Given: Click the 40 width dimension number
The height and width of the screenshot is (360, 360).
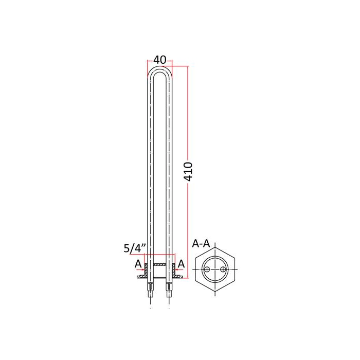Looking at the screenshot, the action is tap(159, 60).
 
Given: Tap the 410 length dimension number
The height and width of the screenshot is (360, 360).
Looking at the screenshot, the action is tap(189, 171).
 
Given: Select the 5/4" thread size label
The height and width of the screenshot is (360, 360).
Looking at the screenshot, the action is tap(135, 248).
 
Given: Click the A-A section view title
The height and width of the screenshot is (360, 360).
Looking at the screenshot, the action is tap(201, 244).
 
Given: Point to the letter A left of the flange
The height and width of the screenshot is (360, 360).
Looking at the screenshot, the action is tap(138, 264).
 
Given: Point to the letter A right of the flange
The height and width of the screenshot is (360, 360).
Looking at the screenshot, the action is tap(181, 264).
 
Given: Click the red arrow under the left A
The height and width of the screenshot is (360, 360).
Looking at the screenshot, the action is tap(140, 269).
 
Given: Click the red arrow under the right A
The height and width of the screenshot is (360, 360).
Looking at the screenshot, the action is tap(179, 269).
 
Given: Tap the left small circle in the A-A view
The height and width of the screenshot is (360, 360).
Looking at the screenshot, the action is tap(207, 269).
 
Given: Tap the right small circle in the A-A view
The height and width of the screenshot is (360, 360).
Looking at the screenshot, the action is tap(222, 269).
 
